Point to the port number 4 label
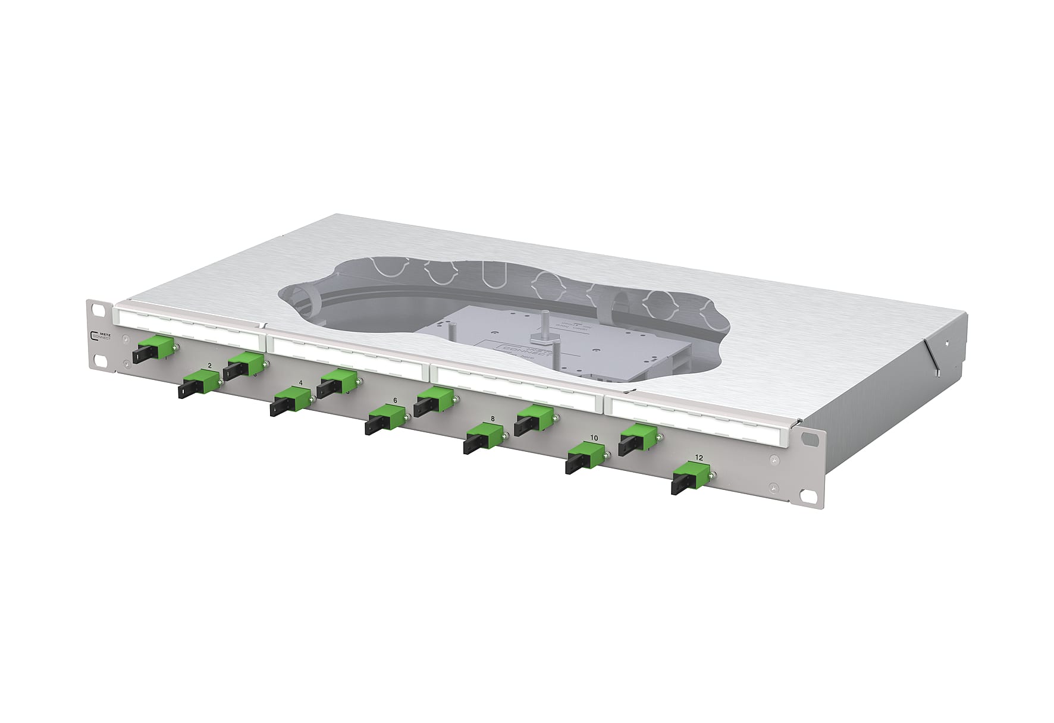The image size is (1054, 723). pos(301,383)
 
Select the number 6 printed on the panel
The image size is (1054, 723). pos(395,400)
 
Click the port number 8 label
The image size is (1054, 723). pos(493,419)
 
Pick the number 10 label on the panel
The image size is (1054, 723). pos(594,438)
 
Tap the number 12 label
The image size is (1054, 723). pos(699,457)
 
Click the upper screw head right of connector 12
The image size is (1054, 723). pos(773,460)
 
